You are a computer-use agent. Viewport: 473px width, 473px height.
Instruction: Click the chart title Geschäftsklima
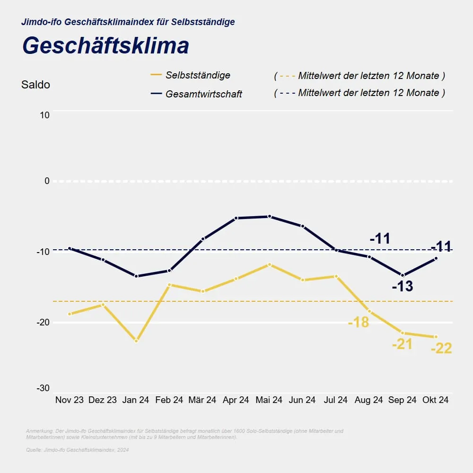pyautogui.click(x=105, y=46)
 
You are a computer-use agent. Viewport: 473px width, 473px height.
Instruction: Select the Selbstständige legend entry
pyautogui.click(x=198, y=75)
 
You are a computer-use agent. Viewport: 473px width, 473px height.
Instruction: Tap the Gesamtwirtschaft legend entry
pyautogui.click(x=203, y=94)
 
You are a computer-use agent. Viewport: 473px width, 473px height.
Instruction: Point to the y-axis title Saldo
pyautogui.click(x=35, y=85)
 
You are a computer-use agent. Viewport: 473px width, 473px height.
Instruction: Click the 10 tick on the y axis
pyautogui.click(x=45, y=115)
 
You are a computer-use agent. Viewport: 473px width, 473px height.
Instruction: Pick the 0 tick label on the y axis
pyautogui.click(x=47, y=181)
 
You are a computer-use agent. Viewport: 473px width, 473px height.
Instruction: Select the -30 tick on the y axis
pyautogui.click(x=43, y=388)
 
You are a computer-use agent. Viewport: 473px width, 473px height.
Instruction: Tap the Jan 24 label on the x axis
pyautogui.click(x=136, y=400)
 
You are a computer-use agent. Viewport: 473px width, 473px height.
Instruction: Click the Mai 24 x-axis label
pyautogui.click(x=269, y=400)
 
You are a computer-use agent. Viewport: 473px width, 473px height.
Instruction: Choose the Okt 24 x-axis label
pyautogui.click(x=436, y=400)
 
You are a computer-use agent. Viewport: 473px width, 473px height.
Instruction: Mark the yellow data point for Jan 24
pyautogui.click(x=136, y=341)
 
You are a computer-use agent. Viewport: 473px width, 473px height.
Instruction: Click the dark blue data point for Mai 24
pyautogui.click(x=270, y=216)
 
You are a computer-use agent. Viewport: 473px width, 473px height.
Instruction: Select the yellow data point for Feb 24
pyautogui.click(x=169, y=285)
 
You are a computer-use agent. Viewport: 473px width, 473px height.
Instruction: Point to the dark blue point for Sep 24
pyautogui.click(x=403, y=275)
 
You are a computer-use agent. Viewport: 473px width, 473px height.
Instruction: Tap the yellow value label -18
pyautogui.click(x=358, y=323)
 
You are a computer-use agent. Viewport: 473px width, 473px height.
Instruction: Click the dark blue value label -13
pyautogui.click(x=403, y=286)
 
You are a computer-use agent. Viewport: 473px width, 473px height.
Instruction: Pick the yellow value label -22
pyautogui.click(x=441, y=349)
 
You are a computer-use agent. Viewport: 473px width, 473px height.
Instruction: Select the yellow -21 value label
pyautogui.click(x=402, y=344)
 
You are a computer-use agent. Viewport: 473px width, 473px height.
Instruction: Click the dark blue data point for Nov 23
pyautogui.click(x=70, y=248)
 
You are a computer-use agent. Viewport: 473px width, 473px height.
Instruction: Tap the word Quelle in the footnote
pyautogui.click(x=34, y=450)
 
